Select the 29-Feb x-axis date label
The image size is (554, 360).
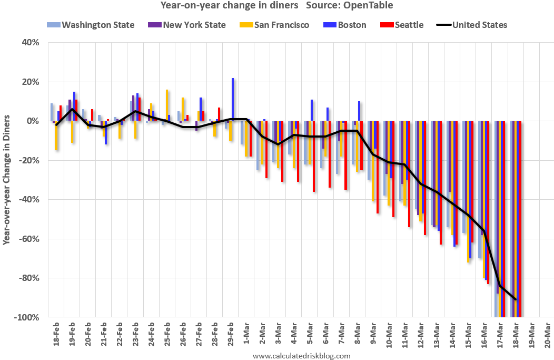click(230, 333)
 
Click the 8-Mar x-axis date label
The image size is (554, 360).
click(357, 333)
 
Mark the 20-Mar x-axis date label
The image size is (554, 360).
click(547, 333)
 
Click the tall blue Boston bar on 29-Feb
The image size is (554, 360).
click(233, 100)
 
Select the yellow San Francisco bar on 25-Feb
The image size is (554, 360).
click(167, 105)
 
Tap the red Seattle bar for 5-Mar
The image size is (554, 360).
click(314, 156)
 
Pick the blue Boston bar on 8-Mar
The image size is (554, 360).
click(359, 111)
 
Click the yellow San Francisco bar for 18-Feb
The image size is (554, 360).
click(56, 135)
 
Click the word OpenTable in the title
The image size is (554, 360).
click(370, 5)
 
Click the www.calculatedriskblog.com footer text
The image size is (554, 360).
click(301, 356)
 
